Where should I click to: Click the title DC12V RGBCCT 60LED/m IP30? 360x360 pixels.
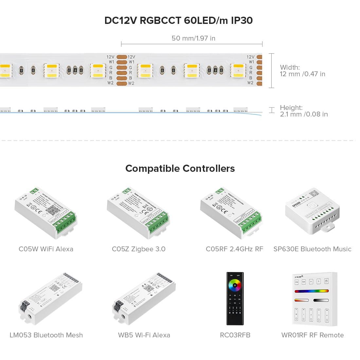click(x=178, y=20)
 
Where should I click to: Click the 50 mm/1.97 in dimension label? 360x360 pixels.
click(x=193, y=38)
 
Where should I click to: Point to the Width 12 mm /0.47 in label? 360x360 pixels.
click(x=302, y=71)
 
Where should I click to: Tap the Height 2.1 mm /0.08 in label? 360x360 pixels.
click(x=303, y=111)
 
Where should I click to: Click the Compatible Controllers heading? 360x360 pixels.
click(x=180, y=169)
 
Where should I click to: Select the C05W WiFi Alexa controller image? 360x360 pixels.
click(x=46, y=213)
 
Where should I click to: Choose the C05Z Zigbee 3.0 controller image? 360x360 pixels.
click(x=138, y=213)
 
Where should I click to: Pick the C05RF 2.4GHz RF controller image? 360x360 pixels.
click(x=232, y=213)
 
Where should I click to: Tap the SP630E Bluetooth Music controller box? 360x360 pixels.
click(x=312, y=211)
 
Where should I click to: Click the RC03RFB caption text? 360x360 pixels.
click(x=235, y=335)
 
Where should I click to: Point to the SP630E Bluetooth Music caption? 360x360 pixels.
click(x=312, y=249)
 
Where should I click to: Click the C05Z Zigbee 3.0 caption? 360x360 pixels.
click(x=138, y=249)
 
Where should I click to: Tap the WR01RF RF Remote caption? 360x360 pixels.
click(x=312, y=335)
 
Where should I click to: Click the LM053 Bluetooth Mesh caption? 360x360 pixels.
click(x=46, y=335)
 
